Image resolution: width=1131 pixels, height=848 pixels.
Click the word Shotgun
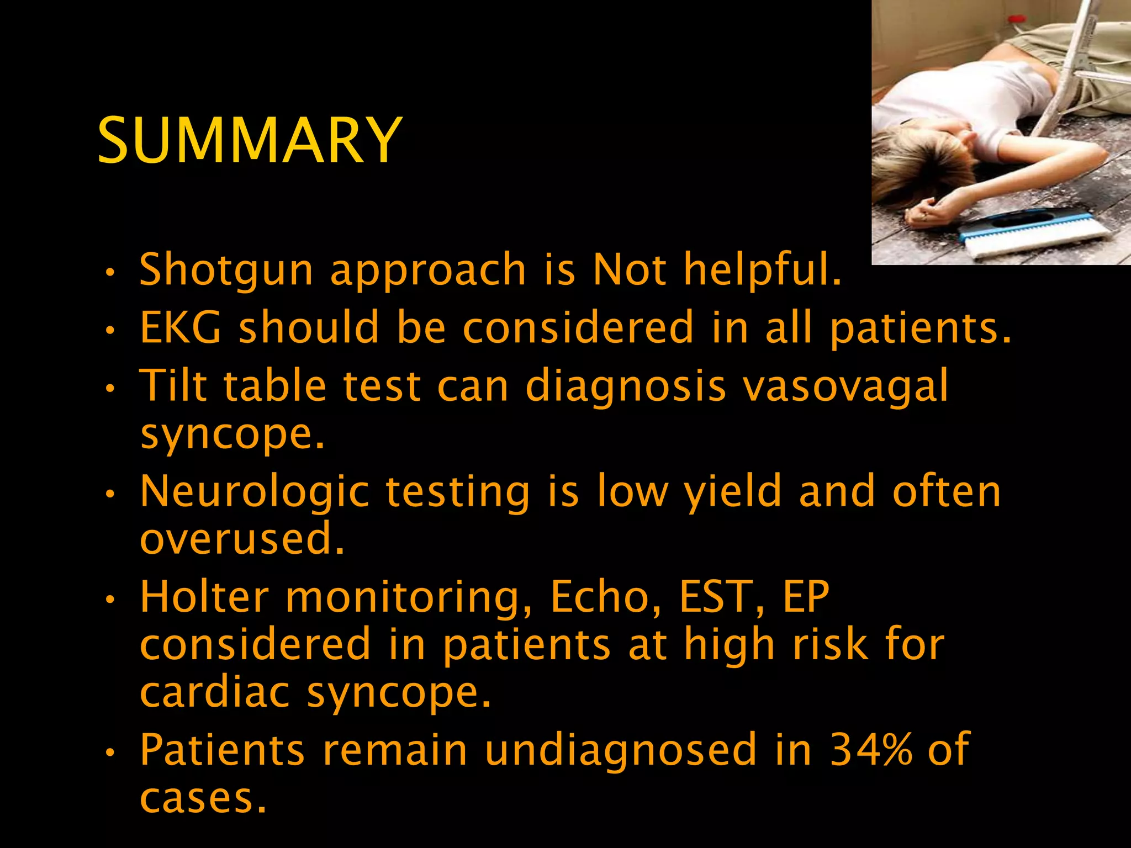point(226,270)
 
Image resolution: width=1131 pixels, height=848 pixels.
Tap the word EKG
point(181,327)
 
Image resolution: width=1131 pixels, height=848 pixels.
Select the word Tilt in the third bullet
point(173,385)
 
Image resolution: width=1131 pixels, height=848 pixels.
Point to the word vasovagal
point(845,385)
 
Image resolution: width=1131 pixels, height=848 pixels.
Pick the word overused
point(242,539)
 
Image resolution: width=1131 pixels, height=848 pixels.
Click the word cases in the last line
point(203,798)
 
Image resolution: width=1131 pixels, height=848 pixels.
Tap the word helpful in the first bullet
point(762,270)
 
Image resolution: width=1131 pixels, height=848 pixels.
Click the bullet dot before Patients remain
point(110,752)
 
